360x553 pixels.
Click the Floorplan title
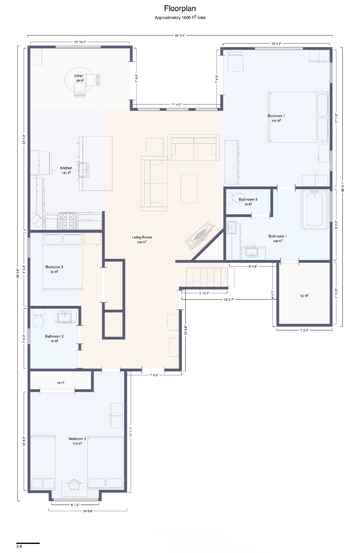pos(180,9)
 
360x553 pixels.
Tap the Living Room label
pos(142,237)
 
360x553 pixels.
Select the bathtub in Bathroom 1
pos(315,209)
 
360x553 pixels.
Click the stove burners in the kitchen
pos(68,221)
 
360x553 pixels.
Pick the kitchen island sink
pos(84,170)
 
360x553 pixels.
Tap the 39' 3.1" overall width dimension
pos(180,36)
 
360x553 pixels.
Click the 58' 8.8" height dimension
pos(17,273)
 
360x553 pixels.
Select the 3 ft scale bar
pos(28,543)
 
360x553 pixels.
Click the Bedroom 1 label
pos(276,116)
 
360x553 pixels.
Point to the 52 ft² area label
pos(304,296)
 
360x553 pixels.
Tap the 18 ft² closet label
pos(61,383)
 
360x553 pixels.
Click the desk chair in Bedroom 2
pos(74,485)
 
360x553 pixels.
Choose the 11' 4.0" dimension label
pos(176,104)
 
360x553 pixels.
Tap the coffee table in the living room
pos(189,189)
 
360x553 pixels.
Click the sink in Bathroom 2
pos(64,317)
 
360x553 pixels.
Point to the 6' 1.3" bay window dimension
pos(75,505)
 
